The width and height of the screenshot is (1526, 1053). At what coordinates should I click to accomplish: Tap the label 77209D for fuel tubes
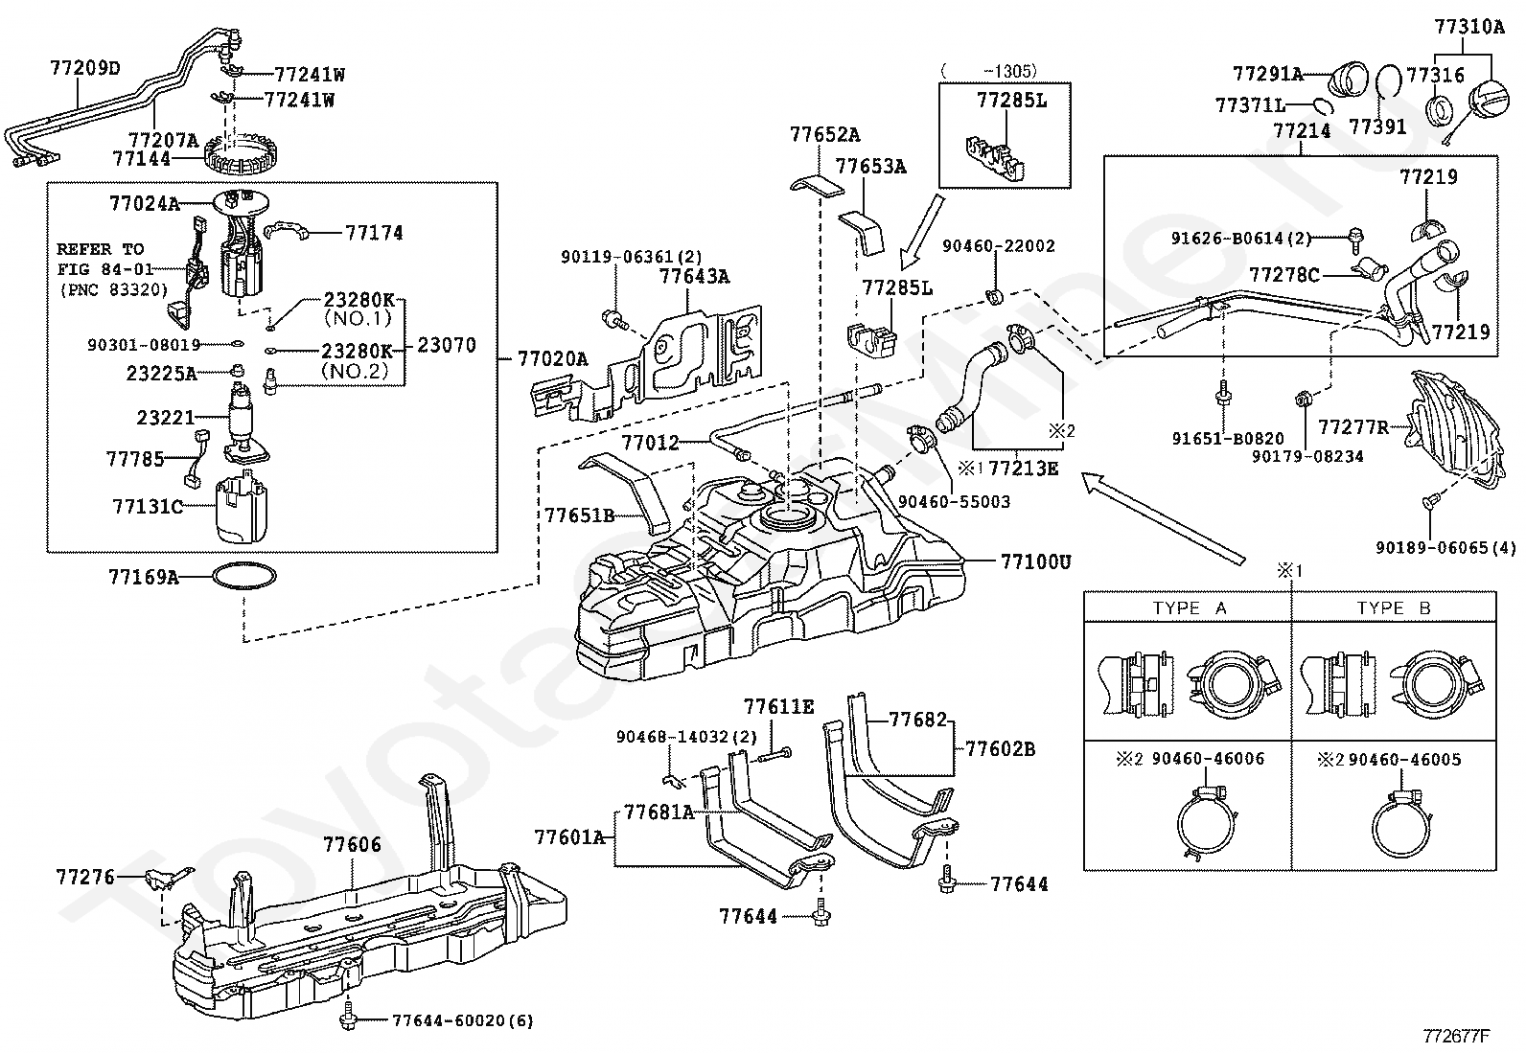coord(85,68)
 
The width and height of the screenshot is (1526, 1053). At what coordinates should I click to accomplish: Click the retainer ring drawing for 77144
coord(242,153)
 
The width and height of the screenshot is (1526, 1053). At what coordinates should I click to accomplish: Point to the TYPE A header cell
coord(1189,608)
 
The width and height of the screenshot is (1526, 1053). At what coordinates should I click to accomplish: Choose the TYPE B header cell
coord(1393,608)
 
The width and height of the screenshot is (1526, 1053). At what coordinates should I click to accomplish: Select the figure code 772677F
coord(1456,1036)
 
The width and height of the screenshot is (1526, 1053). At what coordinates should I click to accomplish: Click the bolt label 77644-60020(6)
coord(462,1021)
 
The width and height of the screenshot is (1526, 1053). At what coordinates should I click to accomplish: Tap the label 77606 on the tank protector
coord(352,844)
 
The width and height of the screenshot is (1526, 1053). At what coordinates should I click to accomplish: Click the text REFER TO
coord(101,249)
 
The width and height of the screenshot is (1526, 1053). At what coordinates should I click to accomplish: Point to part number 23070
coord(447,345)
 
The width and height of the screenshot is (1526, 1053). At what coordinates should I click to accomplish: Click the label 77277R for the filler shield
coord(1353,426)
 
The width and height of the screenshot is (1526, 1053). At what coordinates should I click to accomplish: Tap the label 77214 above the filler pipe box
coord(1302,131)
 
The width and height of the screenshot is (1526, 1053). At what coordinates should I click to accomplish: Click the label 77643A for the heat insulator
coord(694,277)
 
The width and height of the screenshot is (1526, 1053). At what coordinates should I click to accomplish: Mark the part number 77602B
coord(1000,748)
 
